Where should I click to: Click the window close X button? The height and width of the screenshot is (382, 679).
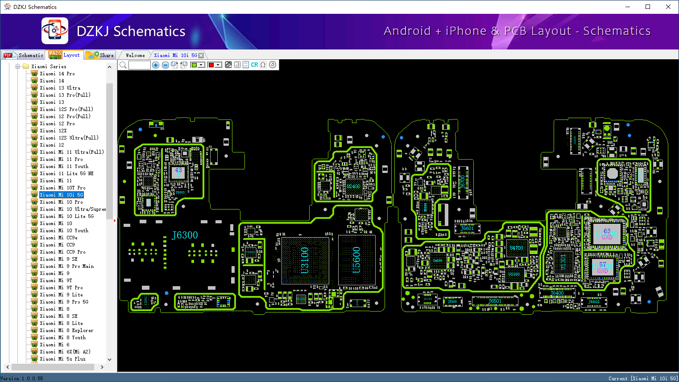tap(668, 7)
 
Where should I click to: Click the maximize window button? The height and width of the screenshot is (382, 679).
tap(648, 7)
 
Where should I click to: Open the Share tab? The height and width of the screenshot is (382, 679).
tap(100, 55)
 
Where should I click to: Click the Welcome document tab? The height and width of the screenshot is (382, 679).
tap(135, 55)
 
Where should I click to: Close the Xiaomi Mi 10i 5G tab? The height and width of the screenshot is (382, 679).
tap(201, 55)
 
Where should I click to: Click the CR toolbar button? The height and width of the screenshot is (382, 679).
tap(254, 65)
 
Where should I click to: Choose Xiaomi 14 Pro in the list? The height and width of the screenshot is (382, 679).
tap(57, 74)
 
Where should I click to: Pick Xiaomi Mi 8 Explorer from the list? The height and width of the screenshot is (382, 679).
tap(66, 330)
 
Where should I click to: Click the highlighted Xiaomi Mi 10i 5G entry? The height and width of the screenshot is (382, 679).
tap(62, 195)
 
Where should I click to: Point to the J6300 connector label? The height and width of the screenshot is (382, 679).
tap(185, 235)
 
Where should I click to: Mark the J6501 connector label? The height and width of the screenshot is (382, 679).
tap(495, 301)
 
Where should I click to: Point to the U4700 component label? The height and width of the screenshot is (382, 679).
tap(516, 248)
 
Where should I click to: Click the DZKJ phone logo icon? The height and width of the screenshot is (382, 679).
tap(55, 31)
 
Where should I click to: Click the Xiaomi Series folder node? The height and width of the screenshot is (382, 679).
tap(49, 66)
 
